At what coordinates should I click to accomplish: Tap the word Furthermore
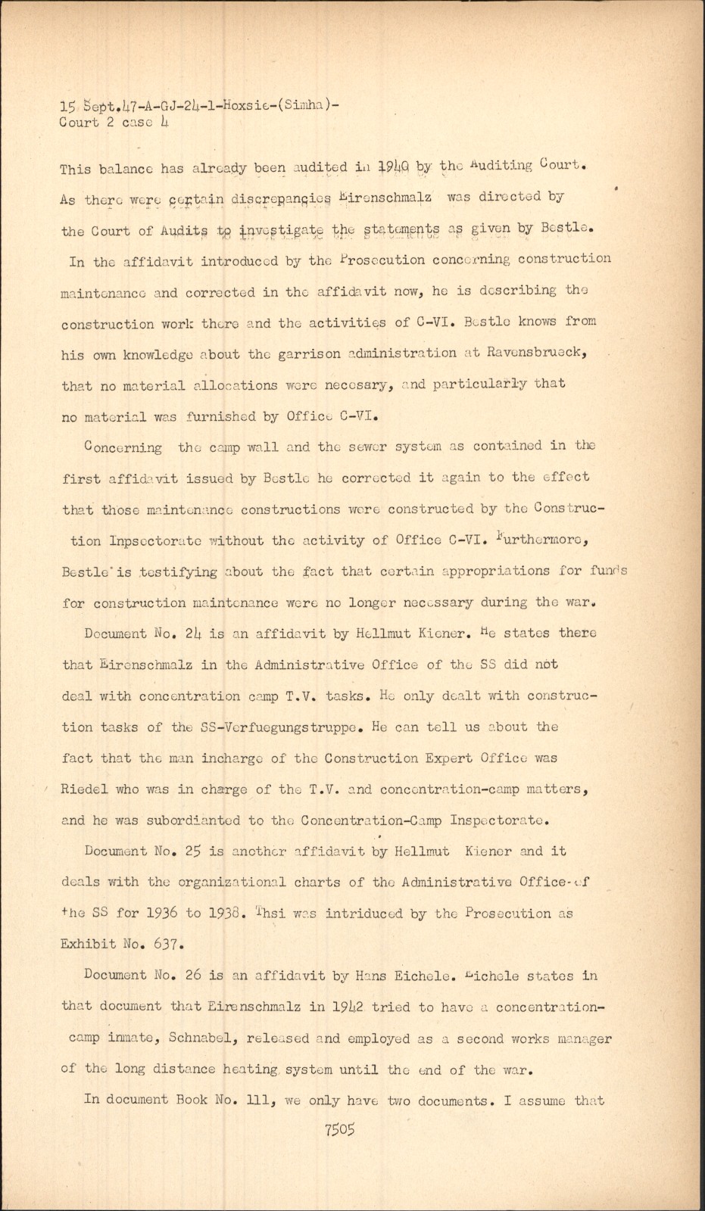click(551, 540)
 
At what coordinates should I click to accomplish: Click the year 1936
click(160, 913)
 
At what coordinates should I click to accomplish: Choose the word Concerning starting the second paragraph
click(124, 447)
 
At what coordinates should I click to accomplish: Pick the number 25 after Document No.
click(192, 851)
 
